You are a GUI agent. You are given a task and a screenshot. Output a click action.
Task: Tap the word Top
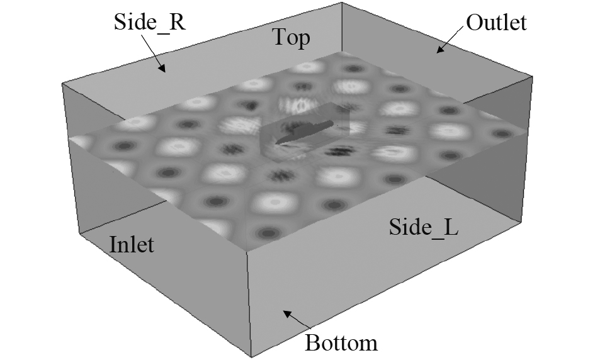pos(291,37)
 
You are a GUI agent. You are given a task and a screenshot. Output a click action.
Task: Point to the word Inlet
pos(132,244)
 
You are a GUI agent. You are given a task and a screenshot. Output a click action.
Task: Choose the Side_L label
pos(423,227)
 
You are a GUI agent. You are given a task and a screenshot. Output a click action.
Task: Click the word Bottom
pos(341,343)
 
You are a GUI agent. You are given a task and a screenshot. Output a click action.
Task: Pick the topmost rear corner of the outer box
pos(342,3)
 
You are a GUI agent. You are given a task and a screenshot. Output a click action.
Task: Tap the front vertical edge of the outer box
pos(249,302)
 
